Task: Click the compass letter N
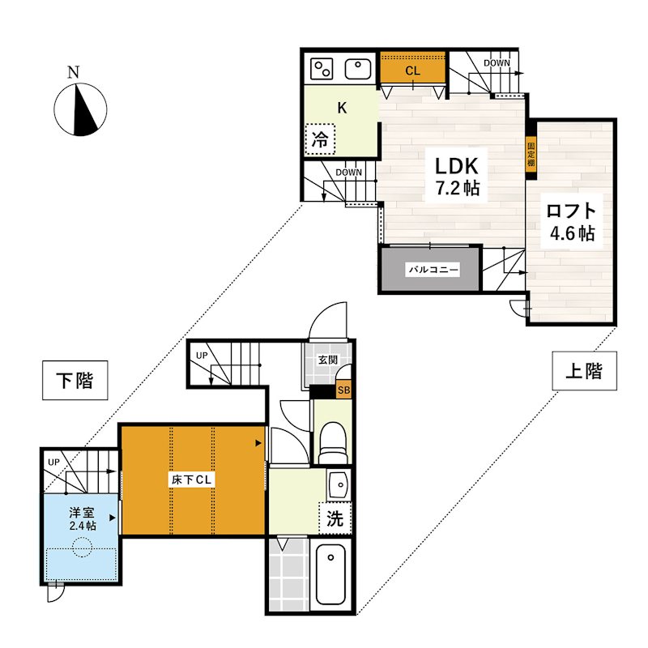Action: point(73,72)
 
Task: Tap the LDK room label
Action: point(456,166)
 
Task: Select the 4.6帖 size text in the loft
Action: point(572,233)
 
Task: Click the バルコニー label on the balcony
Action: point(433,270)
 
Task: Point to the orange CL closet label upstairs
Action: point(412,70)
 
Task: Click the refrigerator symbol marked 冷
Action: point(320,139)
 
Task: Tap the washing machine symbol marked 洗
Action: point(335,518)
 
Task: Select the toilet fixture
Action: point(333,442)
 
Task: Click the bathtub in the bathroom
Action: point(330,574)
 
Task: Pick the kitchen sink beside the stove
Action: point(357,69)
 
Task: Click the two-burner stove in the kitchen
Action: point(322,69)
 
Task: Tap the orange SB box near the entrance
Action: point(343,390)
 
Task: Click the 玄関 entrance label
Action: point(328,360)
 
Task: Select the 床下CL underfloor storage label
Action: point(192,480)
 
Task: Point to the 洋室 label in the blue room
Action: point(82,513)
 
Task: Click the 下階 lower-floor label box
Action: point(75,380)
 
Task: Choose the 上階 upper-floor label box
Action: point(584,371)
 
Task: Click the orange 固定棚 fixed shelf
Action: point(531,154)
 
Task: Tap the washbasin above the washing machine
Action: point(339,484)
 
